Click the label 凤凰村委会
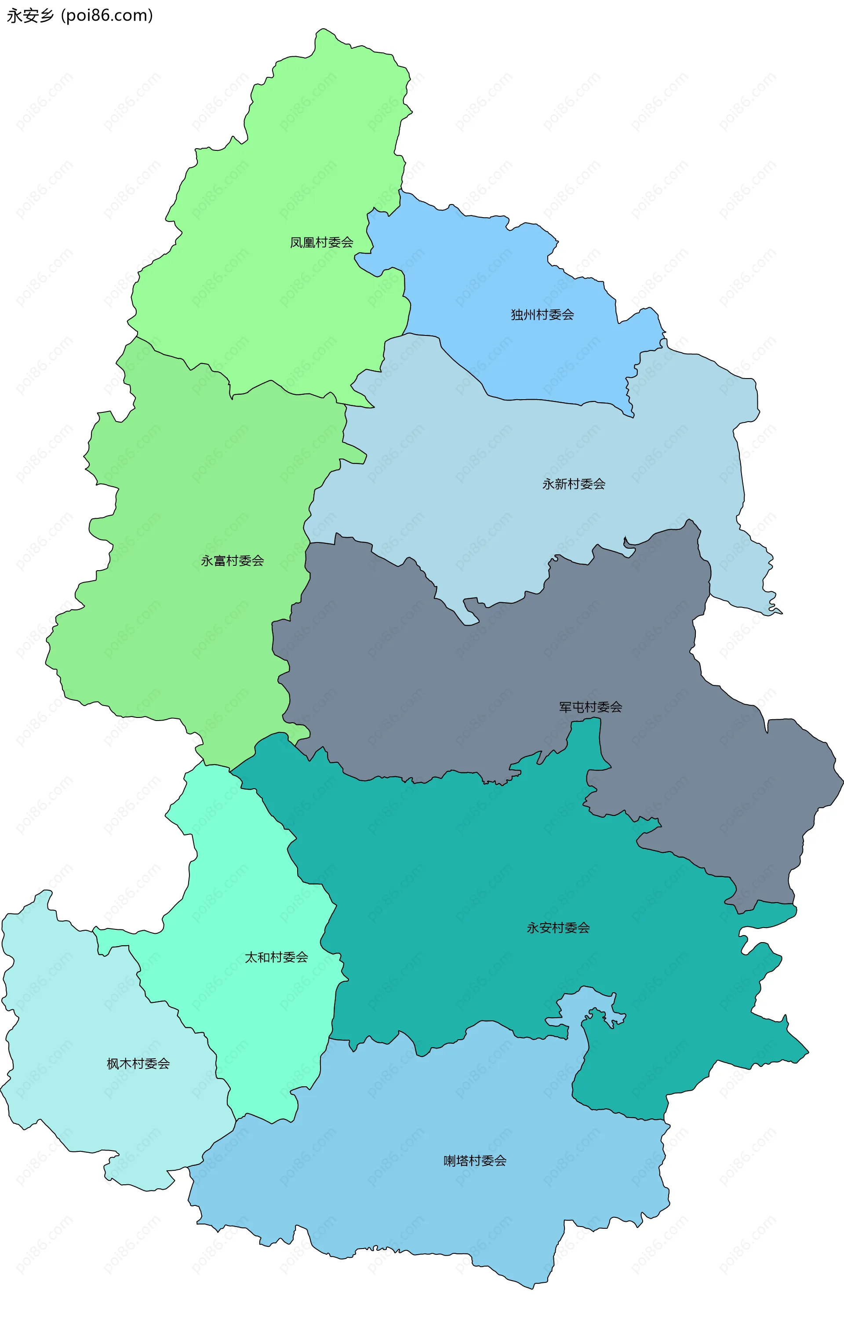point(321,242)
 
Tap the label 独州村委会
point(542,315)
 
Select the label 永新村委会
point(574,484)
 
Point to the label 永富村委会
point(233,561)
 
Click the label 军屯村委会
point(590,707)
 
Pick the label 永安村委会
point(558,928)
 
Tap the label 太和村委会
point(276,958)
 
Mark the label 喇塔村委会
point(475,1161)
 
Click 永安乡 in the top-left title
point(30,15)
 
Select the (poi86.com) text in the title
point(107,15)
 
